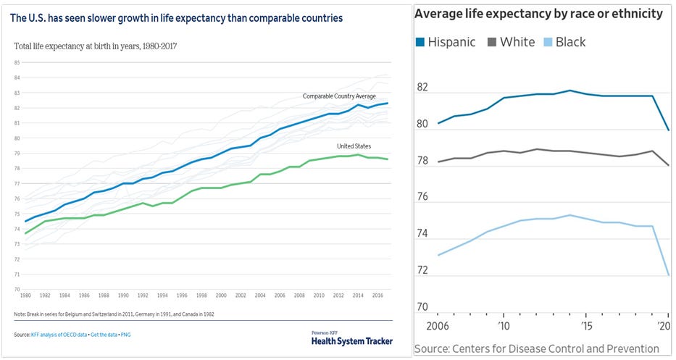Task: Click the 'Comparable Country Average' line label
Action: pyautogui.click(x=339, y=96)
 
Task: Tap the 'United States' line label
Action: pyautogui.click(x=354, y=146)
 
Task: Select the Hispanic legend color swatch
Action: pyautogui.click(x=420, y=42)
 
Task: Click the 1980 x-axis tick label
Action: pyautogui.click(x=25, y=296)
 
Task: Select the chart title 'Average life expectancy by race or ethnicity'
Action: pyautogui.click(x=538, y=14)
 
